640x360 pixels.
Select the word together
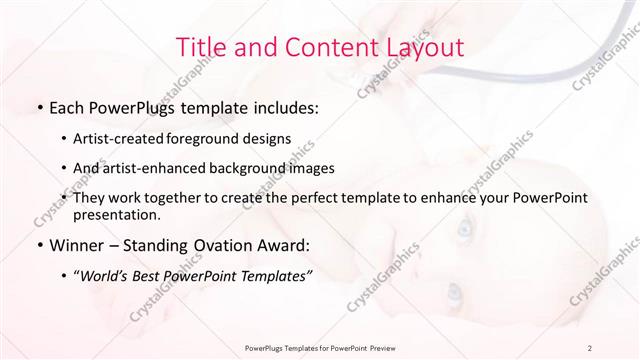tap(192, 198)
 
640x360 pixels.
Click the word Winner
tap(76, 242)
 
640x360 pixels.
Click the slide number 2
tap(591, 348)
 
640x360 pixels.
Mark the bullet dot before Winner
tap(38, 243)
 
